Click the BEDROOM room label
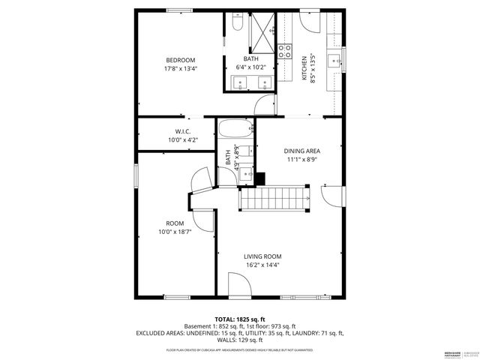click(181, 60)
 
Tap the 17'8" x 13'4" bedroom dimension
click(181, 70)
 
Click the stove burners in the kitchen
click(286, 51)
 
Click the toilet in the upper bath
click(236, 25)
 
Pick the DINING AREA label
click(301, 151)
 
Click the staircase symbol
click(275, 200)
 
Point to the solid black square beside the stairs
click(260, 178)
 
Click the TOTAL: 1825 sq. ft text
click(240, 319)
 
